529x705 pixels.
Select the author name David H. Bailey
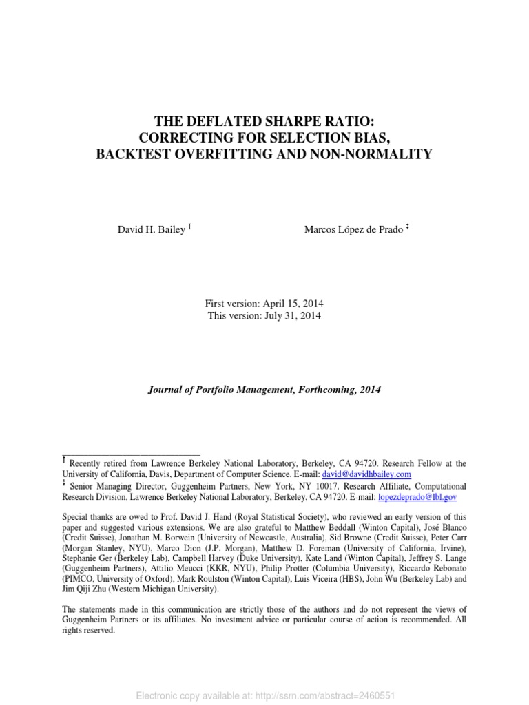point(151,230)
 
